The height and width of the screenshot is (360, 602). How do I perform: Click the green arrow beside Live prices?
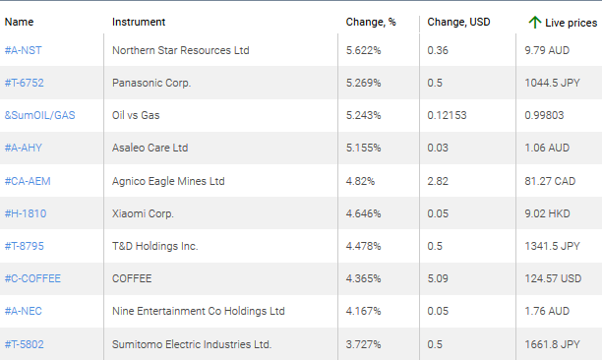pyautogui.click(x=534, y=21)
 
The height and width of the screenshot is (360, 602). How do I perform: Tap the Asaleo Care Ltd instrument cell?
pyautogui.click(x=150, y=148)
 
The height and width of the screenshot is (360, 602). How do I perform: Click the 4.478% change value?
pyautogui.click(x=362, y=246)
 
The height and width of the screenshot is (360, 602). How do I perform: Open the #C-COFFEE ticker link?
pyautogui.click(x=32, y=278)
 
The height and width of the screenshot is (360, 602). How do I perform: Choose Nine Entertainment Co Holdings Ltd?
pyautogui.click(x=199, y=311)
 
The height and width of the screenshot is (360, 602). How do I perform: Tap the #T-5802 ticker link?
pyautogui.click(x=25, y=343)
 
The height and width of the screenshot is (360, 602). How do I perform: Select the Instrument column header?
pyautogui.click(x=139, y=22)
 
